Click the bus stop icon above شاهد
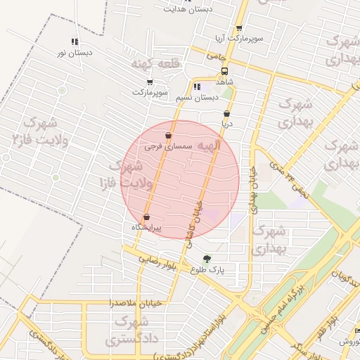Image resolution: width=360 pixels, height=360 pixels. click(224, 71)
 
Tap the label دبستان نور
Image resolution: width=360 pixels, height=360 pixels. click(70, 53)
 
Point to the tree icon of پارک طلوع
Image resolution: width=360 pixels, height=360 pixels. click(207, 259)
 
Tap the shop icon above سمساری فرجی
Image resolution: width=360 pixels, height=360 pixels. click(168, 136)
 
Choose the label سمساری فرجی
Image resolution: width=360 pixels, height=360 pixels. click(168, 147)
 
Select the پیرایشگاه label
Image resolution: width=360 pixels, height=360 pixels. click(146, 228)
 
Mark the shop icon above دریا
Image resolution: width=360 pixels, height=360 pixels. click(226, 113)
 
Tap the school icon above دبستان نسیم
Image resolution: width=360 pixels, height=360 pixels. click(197, 87)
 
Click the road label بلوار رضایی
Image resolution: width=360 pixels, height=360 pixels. click(146, 259)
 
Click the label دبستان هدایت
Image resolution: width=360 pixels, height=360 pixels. click(188, 9)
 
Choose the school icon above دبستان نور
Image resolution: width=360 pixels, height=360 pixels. click(75, 41)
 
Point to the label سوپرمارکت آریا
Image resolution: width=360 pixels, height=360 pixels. click(240, 37)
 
